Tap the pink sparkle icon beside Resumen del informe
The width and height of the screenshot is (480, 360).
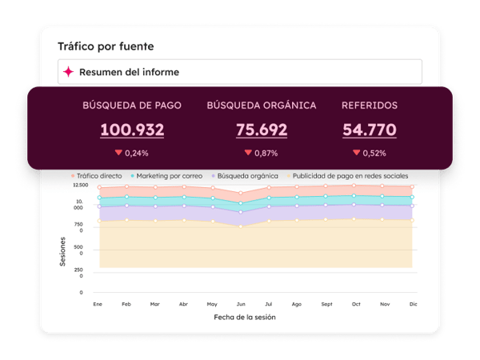pyautogui.click(x=69, y=72)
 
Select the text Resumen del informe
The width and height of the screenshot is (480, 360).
pyautogui.click(x=129, y=72)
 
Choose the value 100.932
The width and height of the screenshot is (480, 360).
pyautogui.click(x=132, y=130)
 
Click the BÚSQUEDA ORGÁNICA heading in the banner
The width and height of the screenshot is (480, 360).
pyautogui.click(x=261, y=105)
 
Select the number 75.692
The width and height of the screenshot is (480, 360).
pyautogui.click(x=262, y=130)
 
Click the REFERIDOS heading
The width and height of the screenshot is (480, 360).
pyautogui.click(x=369, y=105)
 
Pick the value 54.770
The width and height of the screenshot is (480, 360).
pyautogui.click(x=370, y=130)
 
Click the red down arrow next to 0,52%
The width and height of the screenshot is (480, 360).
pyautogui.click(x=356, y=152)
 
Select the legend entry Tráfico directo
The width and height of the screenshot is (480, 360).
pyautogui.click(x=99, y=175)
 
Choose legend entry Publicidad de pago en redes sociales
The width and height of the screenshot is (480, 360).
pyautogui.click(x=350, y=175)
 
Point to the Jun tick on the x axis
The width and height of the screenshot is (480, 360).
pyautogui.click(x=240, y=304)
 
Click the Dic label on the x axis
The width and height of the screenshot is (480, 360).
pyautogui.click(x=413, y=304)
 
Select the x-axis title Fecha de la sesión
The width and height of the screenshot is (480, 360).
pyautogui.click(x=246, y=317)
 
